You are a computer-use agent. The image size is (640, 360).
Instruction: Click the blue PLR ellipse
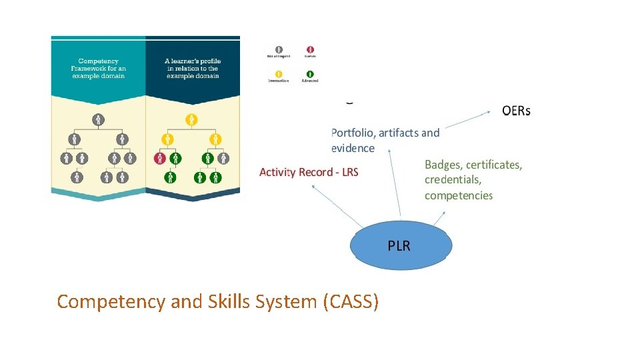click(401, 245)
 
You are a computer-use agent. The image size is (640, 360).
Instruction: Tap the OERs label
click(516, 111)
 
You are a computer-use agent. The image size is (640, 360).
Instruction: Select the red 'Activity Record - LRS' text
click(309, 172)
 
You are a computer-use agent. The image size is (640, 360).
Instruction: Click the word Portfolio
click(356, 133)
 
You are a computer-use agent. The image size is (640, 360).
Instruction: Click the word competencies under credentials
click(459, 195)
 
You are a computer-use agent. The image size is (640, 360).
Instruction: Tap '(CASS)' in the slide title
click(351, 302)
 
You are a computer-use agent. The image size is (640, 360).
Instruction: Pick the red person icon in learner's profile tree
click(160, 159)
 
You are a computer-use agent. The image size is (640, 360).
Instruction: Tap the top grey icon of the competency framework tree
click(99, 120)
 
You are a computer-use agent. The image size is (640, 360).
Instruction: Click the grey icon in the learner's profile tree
click(224, 159)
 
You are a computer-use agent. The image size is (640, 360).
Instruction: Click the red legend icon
click(310, 49)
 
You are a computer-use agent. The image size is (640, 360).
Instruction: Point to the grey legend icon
click(279, 49)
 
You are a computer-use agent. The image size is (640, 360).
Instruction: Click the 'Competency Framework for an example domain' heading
click(98, 68)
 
